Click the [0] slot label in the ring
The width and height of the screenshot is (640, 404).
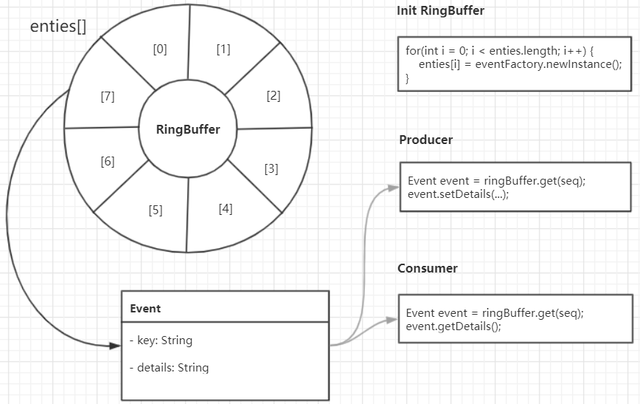point(160,50)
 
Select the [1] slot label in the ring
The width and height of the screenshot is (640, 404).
point(223,49)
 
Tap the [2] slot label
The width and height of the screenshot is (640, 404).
point(274,95)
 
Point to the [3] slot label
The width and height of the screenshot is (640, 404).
point(271,168)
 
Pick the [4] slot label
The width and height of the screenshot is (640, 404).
point(226,208)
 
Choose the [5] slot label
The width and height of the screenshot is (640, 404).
point(155,210)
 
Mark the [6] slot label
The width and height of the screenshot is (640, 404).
point(108,161)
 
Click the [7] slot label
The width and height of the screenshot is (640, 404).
point(107,96)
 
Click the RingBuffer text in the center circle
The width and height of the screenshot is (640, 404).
point(188,129)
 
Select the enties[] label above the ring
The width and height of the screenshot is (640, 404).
point(58,27)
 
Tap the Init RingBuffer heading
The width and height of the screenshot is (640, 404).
point(440,11)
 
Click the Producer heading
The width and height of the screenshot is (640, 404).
point(426,140)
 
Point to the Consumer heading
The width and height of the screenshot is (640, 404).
point(428,268)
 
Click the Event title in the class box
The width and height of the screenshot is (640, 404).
point(145,309)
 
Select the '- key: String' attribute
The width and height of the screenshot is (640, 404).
point(160,340)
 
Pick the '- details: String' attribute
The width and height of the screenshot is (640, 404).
point(168,367)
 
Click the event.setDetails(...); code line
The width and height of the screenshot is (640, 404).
point(458,194)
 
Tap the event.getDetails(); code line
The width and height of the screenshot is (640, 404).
point(453,326)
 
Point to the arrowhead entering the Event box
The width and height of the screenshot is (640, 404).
point(116,344)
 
